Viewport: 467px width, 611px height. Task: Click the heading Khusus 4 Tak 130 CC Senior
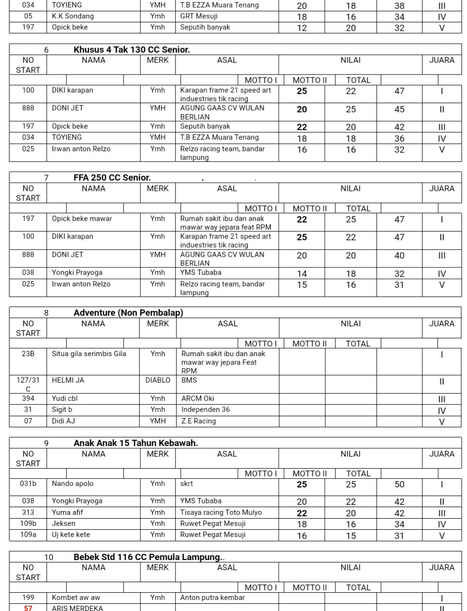(131, 50)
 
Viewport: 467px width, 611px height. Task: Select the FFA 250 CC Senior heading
(112, 178)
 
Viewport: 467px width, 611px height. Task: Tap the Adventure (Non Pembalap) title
(128, 313)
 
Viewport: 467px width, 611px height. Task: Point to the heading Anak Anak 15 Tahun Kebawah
(135, 443)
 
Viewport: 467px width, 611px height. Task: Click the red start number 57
(28, 608)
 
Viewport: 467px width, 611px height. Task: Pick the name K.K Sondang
(73, 16)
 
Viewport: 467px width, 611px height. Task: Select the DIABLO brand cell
(158, 380)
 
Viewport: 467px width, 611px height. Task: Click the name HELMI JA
(68, 380)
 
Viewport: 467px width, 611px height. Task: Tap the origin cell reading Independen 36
(205, 409)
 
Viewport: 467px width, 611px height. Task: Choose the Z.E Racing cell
(198, 421)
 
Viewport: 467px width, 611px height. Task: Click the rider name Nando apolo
(73, 484)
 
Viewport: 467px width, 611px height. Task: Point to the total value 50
(399, 484)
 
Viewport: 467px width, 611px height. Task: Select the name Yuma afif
(67, 512)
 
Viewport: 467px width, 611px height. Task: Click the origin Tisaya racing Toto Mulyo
(221, 512)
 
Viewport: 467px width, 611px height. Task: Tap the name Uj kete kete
(71, 535)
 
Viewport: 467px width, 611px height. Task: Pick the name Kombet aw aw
(76, 598)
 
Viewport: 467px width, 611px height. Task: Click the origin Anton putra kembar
(212, 598)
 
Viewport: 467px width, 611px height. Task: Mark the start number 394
(28, 398)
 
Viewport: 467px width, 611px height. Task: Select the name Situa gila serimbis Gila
(89, 354)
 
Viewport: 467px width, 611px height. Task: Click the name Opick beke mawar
(82, 219)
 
